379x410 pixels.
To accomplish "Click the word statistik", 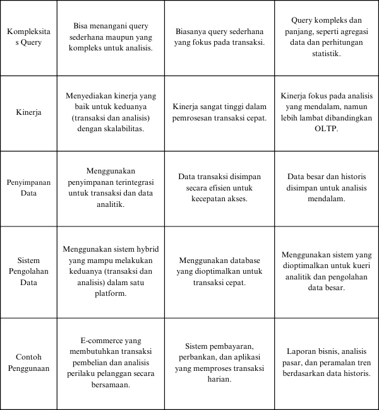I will [327, 54].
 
